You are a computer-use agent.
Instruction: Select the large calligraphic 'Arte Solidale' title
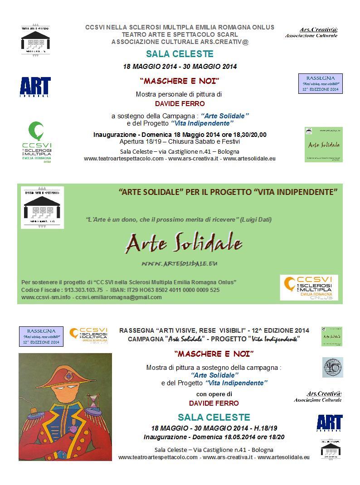click(184, 244)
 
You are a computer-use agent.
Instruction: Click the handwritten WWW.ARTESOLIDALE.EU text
click(180, 263)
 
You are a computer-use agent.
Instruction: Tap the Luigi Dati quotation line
click(179, 220)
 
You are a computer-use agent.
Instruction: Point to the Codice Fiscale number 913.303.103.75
click(78, 290)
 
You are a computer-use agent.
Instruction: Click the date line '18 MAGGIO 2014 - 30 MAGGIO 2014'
click(180, 67)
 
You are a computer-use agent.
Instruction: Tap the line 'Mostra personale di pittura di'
click(180, 94)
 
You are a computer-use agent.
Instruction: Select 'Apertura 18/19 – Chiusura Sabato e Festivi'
click(180, 142)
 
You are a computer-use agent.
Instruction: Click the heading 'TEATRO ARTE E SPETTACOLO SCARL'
click(180, 34)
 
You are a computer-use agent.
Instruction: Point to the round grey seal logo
click(332, 367)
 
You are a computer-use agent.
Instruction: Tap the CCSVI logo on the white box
click(309, 288)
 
